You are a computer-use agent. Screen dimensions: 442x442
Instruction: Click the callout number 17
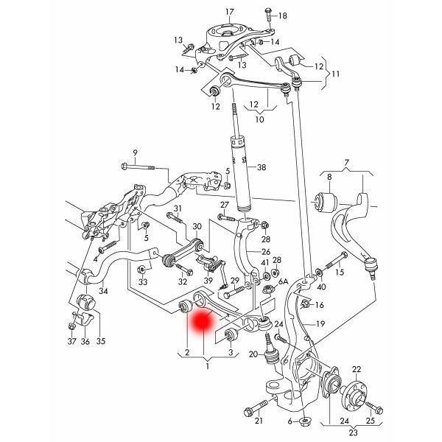229,12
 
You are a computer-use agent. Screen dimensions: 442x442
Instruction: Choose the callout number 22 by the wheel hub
356,369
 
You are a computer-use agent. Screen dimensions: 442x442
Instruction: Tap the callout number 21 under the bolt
259,421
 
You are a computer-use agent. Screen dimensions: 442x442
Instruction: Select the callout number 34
104,292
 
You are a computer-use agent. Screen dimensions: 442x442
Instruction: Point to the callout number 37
71,342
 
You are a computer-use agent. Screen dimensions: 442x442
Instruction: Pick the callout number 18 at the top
283,15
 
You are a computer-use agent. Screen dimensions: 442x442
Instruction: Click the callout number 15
340,273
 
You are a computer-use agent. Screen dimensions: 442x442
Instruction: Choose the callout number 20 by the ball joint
253,355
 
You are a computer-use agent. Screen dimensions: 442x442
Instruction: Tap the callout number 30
197,227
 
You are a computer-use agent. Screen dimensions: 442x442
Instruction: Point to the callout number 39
208,281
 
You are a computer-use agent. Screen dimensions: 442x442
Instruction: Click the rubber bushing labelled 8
325,200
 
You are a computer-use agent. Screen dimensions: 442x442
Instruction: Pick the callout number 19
320,324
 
